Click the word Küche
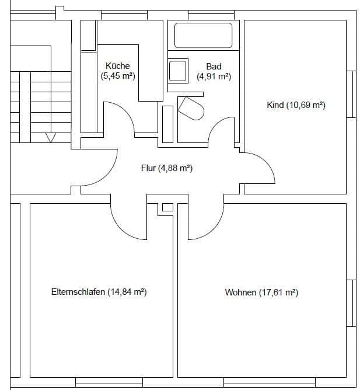(x=118, y=66)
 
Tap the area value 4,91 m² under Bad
(x=214, y=76)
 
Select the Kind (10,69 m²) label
(x=295, y=105)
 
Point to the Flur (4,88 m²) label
(x=167, y=168)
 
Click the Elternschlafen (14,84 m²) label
(x=99, y=292)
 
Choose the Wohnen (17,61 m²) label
(x=261, y=292)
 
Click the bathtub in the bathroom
(x=204, y=34)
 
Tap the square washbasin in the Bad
(x=178, y=71)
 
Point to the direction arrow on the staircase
(x=51, y=138)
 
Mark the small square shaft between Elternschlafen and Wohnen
(x=167, y=207)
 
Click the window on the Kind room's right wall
(x=351, y=95)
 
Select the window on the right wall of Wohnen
(x=351, y=302)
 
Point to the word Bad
(x=214, y=67)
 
